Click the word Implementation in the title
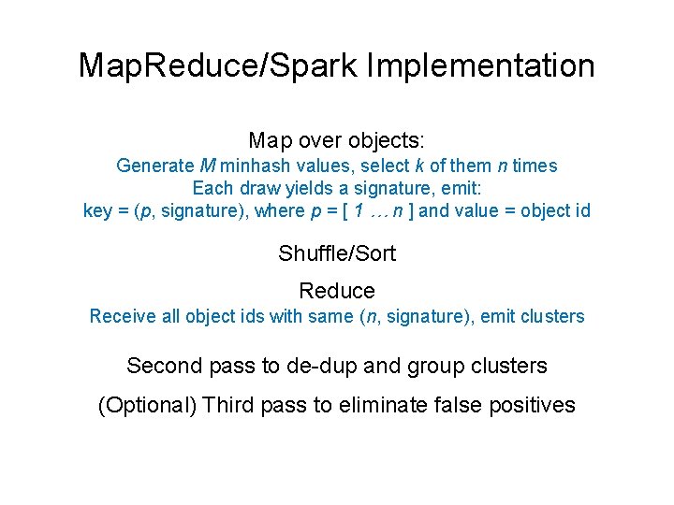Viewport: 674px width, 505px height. (481, 66)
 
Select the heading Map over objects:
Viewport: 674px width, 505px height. (337, 141)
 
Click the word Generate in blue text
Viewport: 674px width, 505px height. (155, 166)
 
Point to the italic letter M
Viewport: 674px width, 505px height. (209, 166)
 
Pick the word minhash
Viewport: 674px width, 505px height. (257, 166)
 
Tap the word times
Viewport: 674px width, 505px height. (535, 166)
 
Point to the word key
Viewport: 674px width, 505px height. (97, 210)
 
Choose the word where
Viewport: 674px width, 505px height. (279, 210)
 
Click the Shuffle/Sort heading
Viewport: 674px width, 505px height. (337, 253)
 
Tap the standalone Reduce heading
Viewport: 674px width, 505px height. (337, 292)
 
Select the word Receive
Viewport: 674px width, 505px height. (122, 316)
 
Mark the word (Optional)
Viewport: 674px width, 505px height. (146, 405)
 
